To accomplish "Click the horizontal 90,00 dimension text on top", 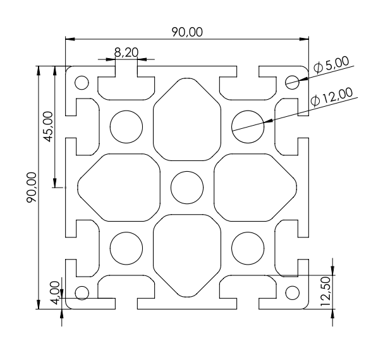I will (187, 32).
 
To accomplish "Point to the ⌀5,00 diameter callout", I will (331, 65).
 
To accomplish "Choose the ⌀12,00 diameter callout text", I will (332, 97).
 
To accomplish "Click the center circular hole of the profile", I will (188, 188).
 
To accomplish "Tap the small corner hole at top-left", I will (82, 82).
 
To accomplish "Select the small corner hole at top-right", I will (292, 81).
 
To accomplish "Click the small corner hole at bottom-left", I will (82, 292).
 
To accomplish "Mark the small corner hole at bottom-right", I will (292, 292).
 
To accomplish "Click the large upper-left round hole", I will (126, 126).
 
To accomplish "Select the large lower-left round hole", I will (126, 248).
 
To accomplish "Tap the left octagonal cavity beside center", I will (119, 188).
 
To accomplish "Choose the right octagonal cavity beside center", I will (255, 188).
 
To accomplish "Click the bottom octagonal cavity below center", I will (188, 255).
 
